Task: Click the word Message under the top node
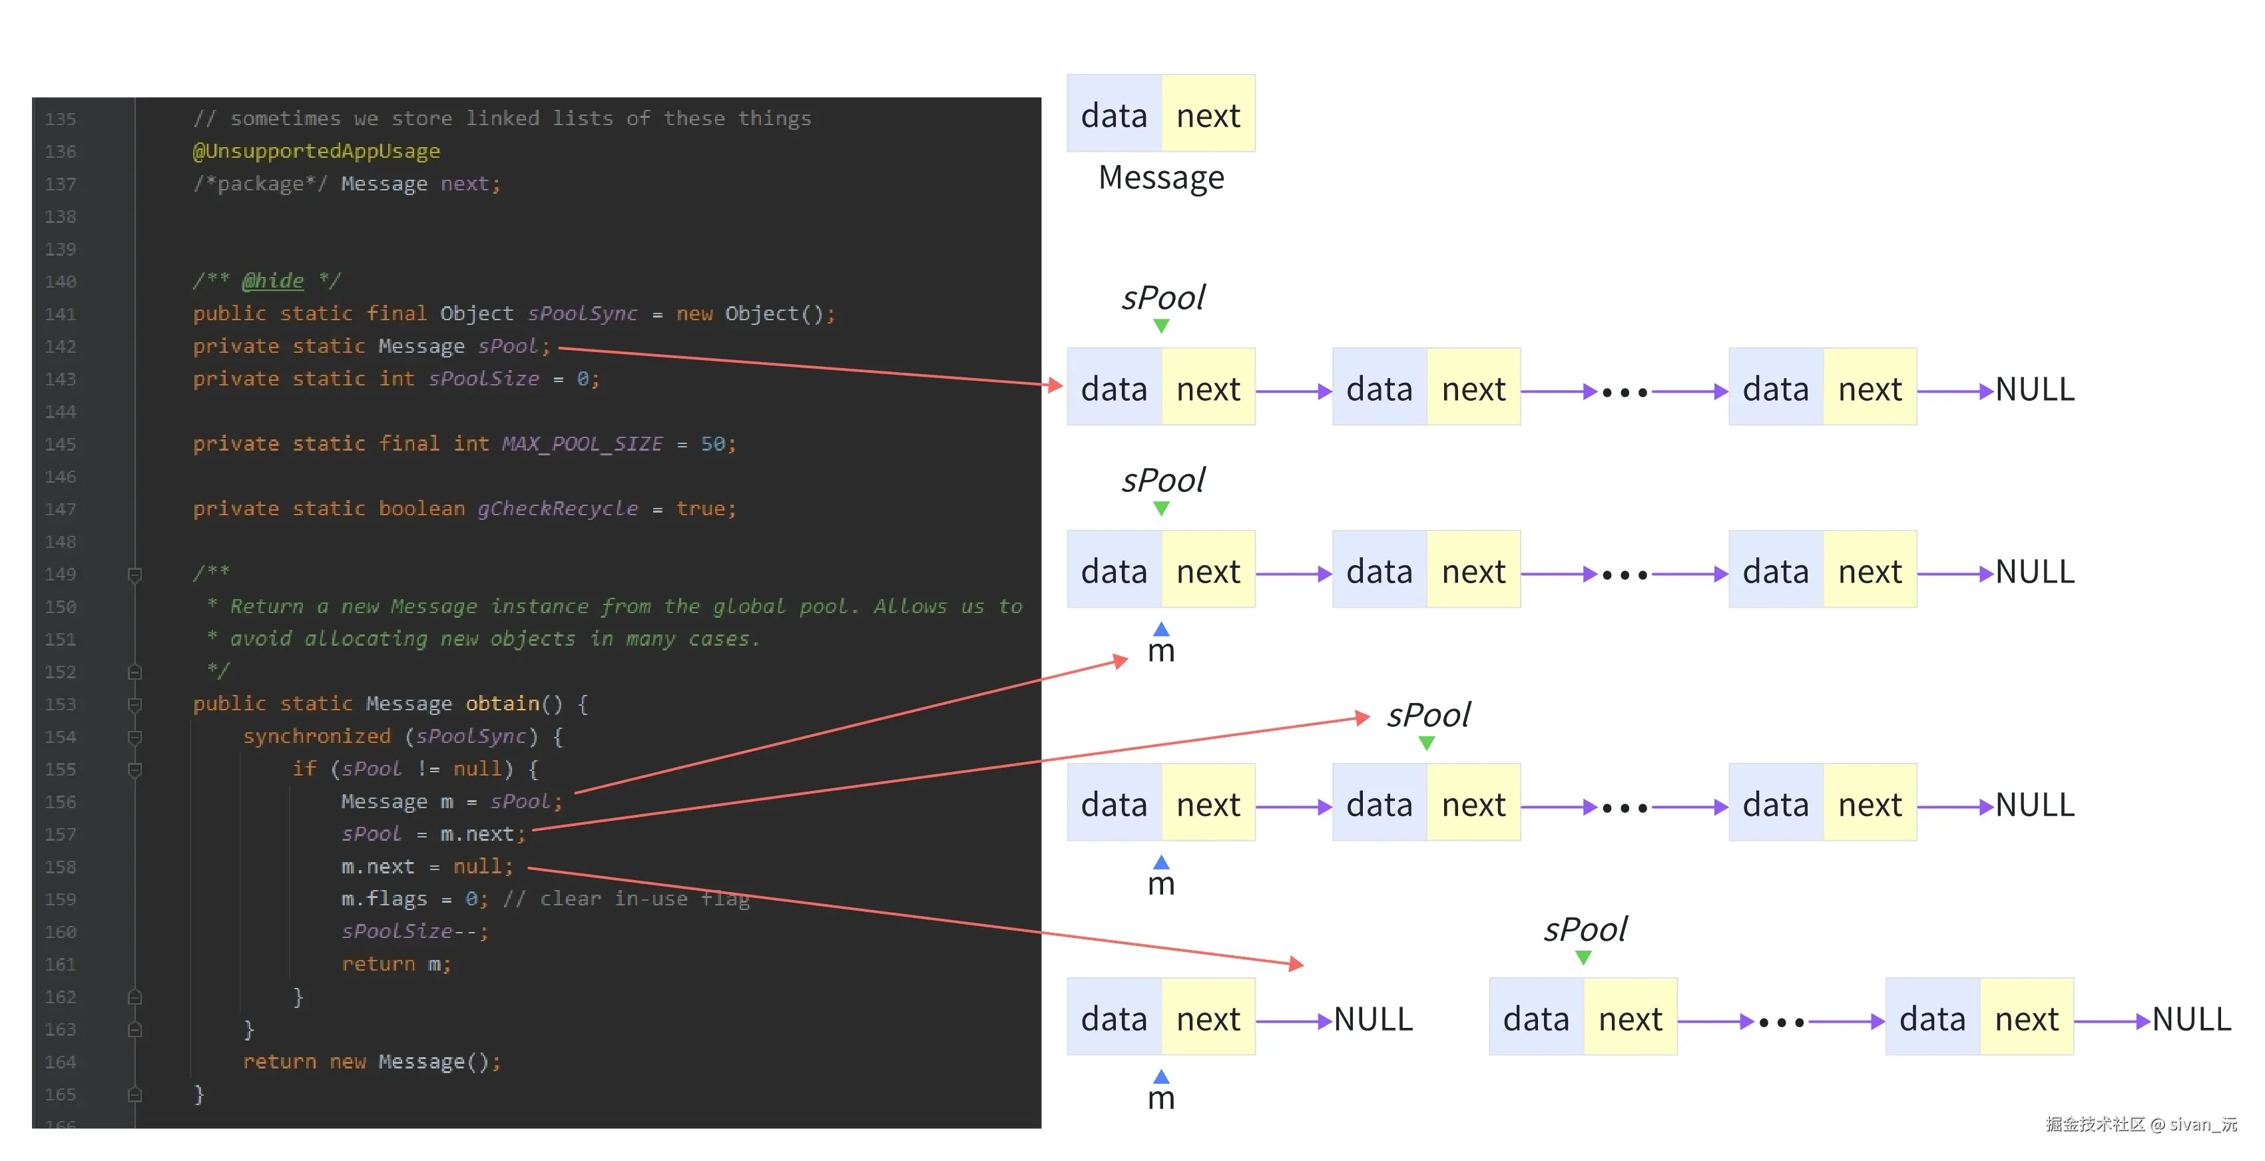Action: [1160, 178]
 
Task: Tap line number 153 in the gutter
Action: [61, 704]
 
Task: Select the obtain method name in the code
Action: [502, 703]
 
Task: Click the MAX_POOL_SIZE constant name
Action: [582, 444]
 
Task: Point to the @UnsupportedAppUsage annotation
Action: [316, 151]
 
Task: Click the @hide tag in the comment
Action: [272, 280]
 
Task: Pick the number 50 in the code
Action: [712, 444]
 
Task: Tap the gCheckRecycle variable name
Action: [557, 509]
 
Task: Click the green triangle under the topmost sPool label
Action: [1160, 326]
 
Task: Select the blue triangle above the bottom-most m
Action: [1160, 1076]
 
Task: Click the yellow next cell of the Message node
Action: [1208, 115]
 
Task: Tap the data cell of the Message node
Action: [1114, 115]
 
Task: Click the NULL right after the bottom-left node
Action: [1373, 1019]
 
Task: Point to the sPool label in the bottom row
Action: [1585, 929]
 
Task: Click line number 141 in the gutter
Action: [61, 314]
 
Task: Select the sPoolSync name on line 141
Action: [582, 314]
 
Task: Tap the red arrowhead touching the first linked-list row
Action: [1055, 385]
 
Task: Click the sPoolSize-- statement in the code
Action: [414, 931]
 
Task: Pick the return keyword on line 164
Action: [280, 1062]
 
